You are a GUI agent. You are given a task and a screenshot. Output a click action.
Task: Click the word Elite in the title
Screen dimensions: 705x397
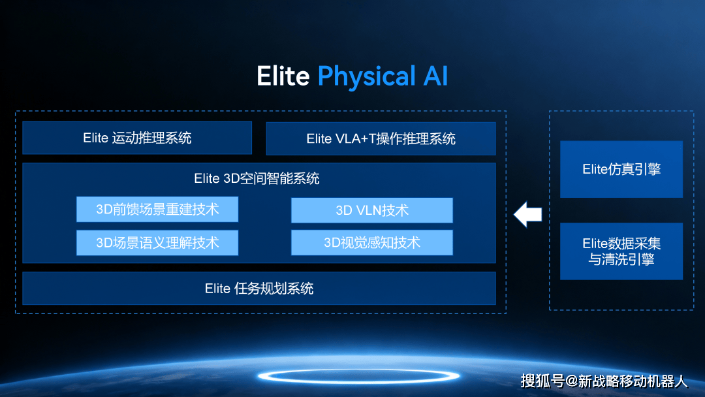click(283, 76)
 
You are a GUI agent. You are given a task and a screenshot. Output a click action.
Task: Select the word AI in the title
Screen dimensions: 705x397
click(435, 76)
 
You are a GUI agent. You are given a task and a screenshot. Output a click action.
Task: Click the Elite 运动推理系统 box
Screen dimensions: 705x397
click(137, 138)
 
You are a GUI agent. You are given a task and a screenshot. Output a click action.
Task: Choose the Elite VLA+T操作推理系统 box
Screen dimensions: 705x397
click(381, 138)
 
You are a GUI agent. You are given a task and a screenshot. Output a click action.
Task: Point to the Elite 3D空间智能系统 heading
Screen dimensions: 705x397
click(257, 178)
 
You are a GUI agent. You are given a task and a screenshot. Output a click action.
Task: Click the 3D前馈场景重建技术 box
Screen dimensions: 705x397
click(157, 209)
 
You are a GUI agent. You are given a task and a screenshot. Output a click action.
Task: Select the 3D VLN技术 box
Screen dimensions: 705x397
click(372, 210)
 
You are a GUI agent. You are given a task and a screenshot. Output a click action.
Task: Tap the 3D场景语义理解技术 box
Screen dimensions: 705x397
click(157, 243)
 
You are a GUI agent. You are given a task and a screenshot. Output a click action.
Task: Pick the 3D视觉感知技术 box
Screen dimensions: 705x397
click(372, 243)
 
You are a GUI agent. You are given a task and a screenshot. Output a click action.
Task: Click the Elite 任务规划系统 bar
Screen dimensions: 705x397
click(259, 288)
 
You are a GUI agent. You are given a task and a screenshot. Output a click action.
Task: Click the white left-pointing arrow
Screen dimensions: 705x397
click(528, 214)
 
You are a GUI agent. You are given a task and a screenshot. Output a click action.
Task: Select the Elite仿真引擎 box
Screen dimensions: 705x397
click(621, 169)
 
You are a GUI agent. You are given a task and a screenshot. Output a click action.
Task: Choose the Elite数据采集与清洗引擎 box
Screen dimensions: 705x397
click(621, 251)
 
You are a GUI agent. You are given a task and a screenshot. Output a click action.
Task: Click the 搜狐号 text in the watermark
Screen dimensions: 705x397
click(542, 381)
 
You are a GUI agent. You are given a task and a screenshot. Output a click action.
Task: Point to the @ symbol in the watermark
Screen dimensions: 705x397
click(571, 382)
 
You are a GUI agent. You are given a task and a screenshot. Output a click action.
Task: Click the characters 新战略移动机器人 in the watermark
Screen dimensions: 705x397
click(633, 381)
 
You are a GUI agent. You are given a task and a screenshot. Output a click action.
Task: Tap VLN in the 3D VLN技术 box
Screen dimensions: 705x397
click(368, 210)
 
